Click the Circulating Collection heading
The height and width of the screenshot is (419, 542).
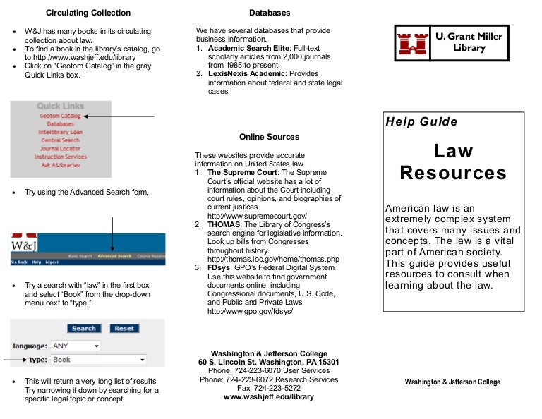pyautogui.click(x=88, y=13)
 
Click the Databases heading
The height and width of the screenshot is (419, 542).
pyautogui.click(x=269, y=13)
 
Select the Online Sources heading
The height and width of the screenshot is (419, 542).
pyautogui.click(x=269, y=137)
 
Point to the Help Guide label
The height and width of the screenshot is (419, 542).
pyautogui.click(x=421, y=121)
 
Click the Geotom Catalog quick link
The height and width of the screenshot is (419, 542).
pyautogui.click(x=60, y=116)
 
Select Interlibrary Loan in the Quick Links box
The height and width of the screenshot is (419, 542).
pyautogui.click(x=60, y=132)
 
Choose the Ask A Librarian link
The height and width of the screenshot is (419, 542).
pyautogui.click(x=60, y=165)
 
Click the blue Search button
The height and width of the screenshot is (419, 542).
pyautogui.click(x=84, y=329)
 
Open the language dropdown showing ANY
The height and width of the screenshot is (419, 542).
pyautogui.click(x=76, y=346)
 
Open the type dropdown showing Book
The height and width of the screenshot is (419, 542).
pyautogui.click(x=99, y=360)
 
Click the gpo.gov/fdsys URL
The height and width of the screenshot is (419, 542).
pyautogui.click(x=249, y=311)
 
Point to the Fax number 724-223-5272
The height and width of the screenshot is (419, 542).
pyautogui.click(x=268, y=388)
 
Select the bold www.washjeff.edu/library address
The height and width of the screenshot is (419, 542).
pyautogui.click(x=268, y=397)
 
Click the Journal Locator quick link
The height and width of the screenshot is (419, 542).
pyautogui.click(x=60, y=149)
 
